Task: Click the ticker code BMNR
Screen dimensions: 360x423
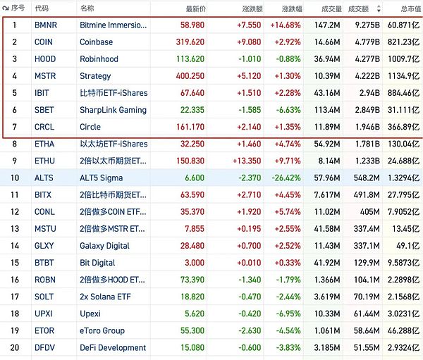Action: pos(47,25)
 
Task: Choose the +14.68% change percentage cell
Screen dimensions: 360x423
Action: pos(286,25)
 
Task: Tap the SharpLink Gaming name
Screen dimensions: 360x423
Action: pos(114,110)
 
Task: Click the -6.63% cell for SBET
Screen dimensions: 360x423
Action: pos(289,110)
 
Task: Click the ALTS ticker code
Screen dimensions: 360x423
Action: pos(44,178)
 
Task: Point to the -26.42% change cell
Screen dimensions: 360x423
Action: pos(286,178)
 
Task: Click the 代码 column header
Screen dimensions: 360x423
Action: pos(42,8)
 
